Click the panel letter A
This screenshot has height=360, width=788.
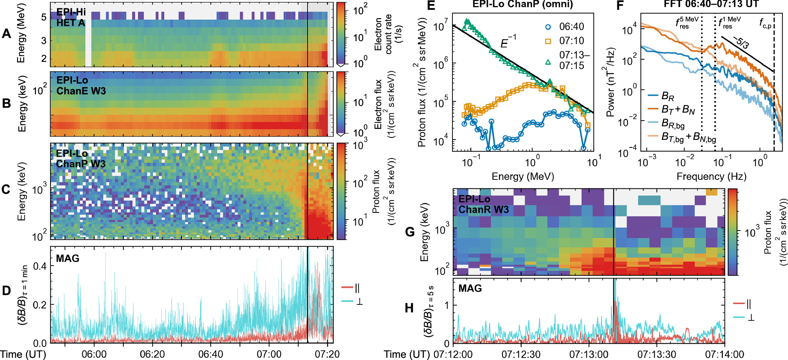pos(6,34)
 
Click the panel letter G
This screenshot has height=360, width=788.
pos(410,232)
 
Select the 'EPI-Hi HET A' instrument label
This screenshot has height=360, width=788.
pos(71,17)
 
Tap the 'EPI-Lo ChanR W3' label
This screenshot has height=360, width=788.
pos(483,205)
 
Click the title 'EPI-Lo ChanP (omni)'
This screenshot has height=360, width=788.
pos(523,4)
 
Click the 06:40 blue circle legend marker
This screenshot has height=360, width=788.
pos(548,27)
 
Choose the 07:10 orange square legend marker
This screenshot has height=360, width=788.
pos(548,41)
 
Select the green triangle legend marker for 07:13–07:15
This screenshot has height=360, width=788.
pos(548,62)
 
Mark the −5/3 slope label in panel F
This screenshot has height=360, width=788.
pos(741,43)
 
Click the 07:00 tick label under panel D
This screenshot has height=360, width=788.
pos(269,354)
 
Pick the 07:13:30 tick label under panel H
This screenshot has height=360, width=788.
pos(657,354)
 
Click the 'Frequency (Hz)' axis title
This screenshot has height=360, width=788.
pos(711,177)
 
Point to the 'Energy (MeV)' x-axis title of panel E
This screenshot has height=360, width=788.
pos(523,177)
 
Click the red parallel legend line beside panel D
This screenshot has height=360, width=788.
pos(347,288)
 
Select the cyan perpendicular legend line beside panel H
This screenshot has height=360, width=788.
pos(739,317)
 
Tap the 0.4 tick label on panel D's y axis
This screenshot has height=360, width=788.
pos(40,266)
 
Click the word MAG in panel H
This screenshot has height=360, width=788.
pos(470,288)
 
